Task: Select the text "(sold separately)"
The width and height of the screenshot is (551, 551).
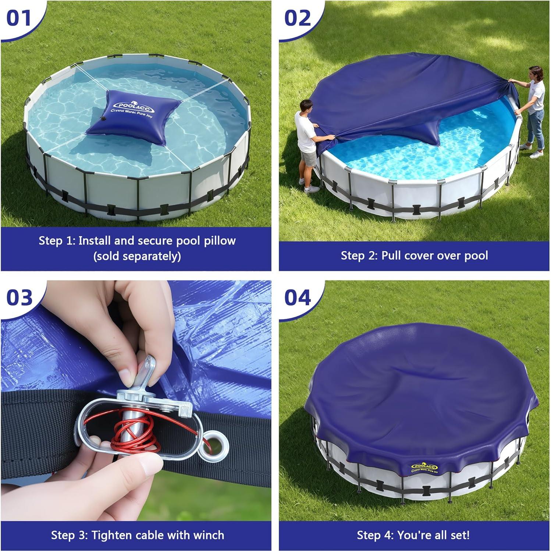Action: [x=137, y=256]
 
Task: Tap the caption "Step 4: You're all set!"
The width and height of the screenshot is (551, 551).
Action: [x=413, y=535]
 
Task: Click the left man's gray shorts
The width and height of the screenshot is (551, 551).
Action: [x=308, y=158]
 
